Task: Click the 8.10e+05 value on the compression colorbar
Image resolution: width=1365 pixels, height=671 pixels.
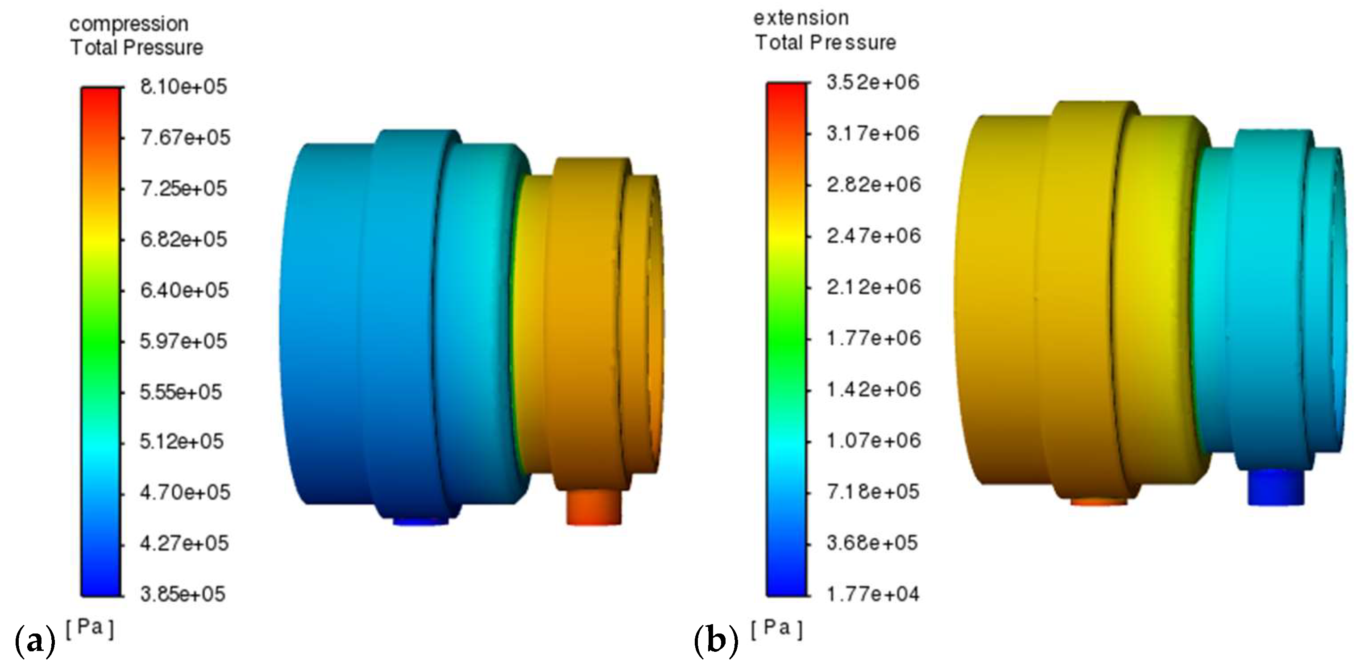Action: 183,87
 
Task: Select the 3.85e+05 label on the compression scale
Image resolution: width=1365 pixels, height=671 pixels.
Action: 182,594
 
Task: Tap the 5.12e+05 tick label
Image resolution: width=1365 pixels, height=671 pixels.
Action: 181,442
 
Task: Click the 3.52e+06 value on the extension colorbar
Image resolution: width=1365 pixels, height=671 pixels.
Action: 873,83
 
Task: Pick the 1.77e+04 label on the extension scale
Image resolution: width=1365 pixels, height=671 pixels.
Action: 873,594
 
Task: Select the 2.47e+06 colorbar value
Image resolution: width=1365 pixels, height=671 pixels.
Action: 873,236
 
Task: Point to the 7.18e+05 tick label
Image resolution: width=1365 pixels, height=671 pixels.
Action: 873,492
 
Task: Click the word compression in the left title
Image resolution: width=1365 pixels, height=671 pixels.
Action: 129,24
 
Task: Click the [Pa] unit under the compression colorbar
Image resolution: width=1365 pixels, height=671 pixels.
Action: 90,628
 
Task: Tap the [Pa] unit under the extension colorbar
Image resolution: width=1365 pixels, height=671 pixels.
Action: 776,629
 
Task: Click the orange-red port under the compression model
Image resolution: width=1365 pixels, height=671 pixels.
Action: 593,507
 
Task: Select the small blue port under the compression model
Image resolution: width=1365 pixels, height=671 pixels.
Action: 420,521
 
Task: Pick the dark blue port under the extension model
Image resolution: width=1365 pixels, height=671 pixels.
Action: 1275,488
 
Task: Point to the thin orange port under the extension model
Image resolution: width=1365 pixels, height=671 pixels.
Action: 1099,501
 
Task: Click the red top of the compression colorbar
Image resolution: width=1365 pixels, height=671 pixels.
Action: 101,98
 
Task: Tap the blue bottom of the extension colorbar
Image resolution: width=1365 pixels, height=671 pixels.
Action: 786,586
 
